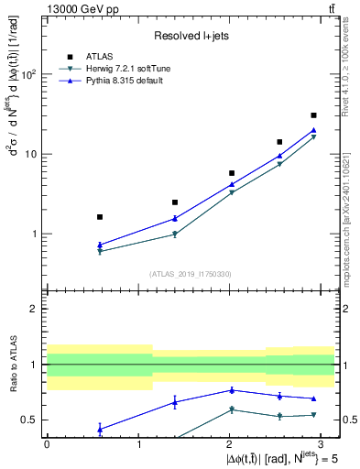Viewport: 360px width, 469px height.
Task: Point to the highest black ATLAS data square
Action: click(x=313, y=115)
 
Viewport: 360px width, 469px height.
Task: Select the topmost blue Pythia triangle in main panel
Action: click(x=313, y=130)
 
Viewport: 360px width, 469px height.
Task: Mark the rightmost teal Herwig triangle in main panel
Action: click(x=313, y=137)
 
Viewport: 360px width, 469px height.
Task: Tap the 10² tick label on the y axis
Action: click(x=28, y=74)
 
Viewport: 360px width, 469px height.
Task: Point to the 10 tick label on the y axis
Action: click(x=31, y=154)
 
